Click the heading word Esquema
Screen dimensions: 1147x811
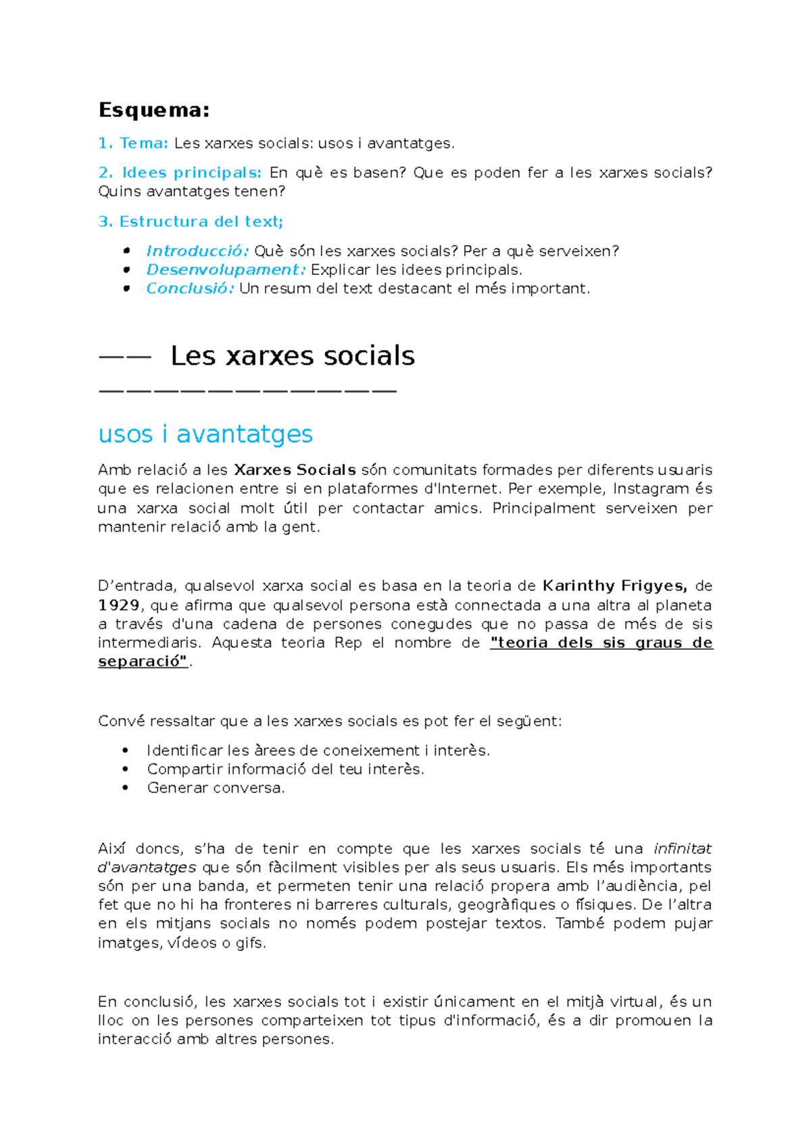(x=153, y=109)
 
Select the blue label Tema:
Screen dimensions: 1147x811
(x=143, y=143)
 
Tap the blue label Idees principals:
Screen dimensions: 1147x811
(x=191, y=173)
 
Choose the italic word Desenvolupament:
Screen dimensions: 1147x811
(x=226, y=270)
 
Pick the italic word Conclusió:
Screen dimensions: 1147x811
(x=190, y=288)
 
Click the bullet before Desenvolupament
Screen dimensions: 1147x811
(x=126, y=270)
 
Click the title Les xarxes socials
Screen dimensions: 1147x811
(x=292, y=356)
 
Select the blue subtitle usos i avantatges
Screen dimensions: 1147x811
(x=205, y=434)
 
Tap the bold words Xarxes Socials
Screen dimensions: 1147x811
(x=295, y=470)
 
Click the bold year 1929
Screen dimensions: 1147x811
(x=119, y=605)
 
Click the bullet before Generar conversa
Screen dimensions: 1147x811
(x=126, y=788)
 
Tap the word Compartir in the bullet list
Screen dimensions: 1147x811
(x=185, y=769)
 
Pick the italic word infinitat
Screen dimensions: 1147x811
(x=683, y=848)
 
